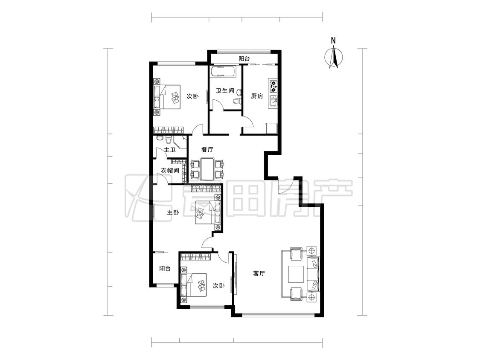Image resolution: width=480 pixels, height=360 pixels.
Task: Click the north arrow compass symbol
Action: (x=334, y=57)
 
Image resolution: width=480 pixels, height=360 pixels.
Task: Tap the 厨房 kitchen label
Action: (x=257, y=96)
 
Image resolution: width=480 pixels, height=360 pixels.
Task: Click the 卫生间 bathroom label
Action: (x=225, y=91)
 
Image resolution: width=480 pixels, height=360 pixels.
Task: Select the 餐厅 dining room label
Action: (x=207, y=150)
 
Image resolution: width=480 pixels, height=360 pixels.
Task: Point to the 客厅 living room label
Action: (x=259, y=273)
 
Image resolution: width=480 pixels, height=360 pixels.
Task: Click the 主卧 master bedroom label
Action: (x=173, y=212)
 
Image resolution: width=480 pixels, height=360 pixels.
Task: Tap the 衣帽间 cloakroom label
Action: (x=170, y=171)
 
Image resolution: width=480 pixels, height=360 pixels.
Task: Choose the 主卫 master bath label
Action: (x=170, y=150)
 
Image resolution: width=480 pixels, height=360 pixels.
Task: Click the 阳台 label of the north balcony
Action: (x=244, y=58)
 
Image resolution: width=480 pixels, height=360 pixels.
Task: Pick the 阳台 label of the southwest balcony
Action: (x=165, y=268)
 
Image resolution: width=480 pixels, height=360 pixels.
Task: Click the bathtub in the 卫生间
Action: (x=223, y=72)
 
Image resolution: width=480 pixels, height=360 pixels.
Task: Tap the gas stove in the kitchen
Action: (x=273, y=86)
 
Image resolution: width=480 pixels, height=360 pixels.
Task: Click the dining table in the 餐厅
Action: (x=207, y=168)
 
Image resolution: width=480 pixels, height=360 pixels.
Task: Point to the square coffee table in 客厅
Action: (x=296, y=274)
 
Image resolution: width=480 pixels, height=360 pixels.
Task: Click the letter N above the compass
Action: (x=333, y=41)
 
